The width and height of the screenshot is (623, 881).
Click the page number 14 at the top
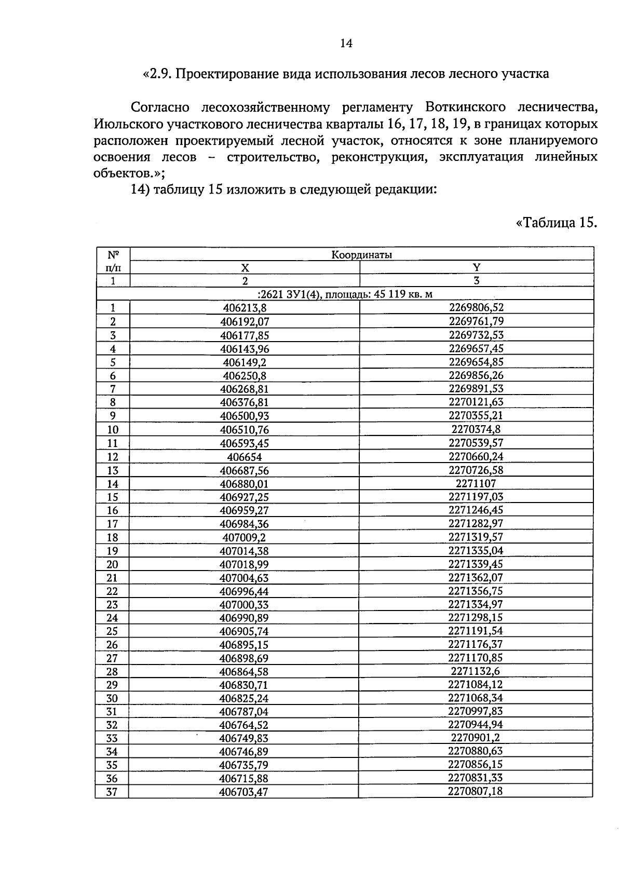pos(346,44)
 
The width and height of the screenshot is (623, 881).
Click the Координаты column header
pos(362,254)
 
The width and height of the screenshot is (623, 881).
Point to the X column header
pos(245,267)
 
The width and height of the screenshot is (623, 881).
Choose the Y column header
pos(476,267)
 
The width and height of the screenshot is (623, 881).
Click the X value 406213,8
pos(245,308)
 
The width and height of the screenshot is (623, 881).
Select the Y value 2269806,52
pos(476,307)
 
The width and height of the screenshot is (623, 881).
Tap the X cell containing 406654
pos(245,457)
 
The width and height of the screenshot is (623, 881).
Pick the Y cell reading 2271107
pos(476,484)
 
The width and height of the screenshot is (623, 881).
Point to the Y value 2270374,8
pos(476,429)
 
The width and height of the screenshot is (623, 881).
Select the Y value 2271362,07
pos(476,578)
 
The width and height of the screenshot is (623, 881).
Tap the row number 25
pos(112,631)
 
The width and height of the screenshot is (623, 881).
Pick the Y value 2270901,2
pos(476,738)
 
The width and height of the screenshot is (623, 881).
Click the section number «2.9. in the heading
pos(157,74)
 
